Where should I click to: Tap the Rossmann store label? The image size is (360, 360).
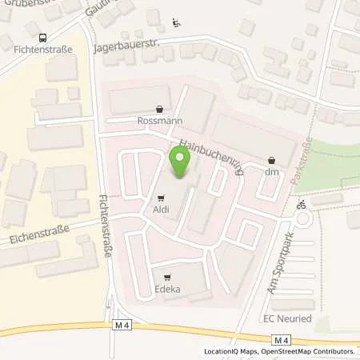click(x=160, y=122)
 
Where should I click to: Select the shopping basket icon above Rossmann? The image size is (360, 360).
click(x=160, y=110)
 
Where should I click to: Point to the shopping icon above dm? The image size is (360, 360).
click(x=271, y=159)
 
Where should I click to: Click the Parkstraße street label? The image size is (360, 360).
click(x=300, y=164)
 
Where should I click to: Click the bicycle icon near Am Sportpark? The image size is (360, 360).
click(x=301, y=205)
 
